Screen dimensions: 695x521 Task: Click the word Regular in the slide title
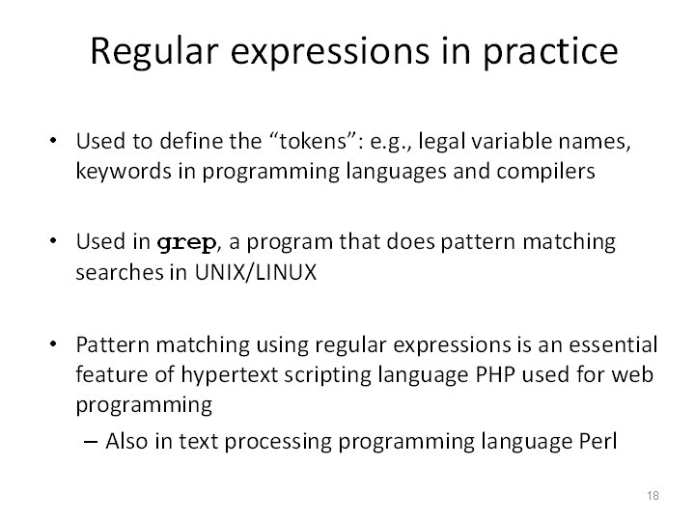coord(154,52)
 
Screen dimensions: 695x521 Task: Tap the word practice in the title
coord(550,52)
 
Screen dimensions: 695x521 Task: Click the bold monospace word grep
coord(186,243)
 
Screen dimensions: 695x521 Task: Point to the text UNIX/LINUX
coord(256,272)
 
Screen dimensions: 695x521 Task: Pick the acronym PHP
coord(495,374)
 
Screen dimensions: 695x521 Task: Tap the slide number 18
coord(653,495)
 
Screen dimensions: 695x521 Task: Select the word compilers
coord(545,172)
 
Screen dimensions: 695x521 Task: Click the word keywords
coord(124,172)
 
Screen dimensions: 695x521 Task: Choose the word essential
coord(613,345)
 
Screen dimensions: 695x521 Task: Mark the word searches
coord(120,272)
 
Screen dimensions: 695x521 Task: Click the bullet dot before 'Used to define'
coord(53,141)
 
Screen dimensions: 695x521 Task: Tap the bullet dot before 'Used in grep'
coord(53,241)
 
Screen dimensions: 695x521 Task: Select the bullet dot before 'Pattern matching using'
coord(53,343)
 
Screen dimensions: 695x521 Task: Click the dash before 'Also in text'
coord(91,442)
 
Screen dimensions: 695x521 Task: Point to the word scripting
coord(328,375)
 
